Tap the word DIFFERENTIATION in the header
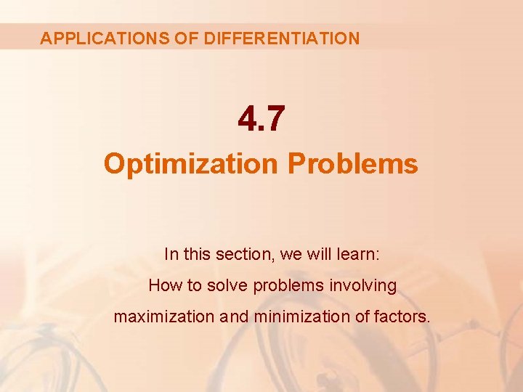[x=282, y=38]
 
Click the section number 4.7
[x=261, y=118]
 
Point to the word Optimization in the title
[x=191, y=163]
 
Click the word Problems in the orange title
[x=353, y=163]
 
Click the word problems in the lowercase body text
[x=288, y=286]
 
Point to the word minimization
[x=299, y=317]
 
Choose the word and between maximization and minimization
[x=235, y=317]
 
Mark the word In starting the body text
[x=171, y=254]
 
